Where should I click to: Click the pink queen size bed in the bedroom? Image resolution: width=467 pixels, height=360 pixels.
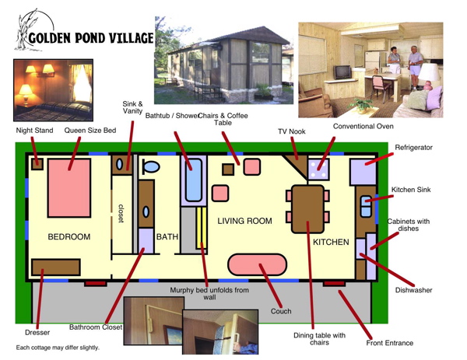(69, 187)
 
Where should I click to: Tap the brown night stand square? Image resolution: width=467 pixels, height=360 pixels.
(37, 164)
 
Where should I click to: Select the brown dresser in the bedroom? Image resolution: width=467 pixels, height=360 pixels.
(56, 267)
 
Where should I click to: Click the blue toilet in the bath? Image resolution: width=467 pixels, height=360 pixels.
(151, 166)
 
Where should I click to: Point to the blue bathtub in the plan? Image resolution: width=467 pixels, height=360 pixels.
(194, 180)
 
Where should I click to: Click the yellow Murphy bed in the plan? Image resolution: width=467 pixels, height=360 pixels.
(202, 228)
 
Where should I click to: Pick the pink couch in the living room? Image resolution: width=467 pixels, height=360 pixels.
(257, 264)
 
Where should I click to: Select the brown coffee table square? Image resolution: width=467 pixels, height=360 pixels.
(228, 170)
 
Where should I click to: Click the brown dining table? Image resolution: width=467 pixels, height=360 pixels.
(307, 209)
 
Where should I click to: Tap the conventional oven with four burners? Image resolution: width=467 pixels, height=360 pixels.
(318, 170)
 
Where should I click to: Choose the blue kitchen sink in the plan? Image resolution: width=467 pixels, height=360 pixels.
(366, 206)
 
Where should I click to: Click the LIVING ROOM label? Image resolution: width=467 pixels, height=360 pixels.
(244, 221)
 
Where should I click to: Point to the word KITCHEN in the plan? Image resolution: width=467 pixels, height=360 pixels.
(331, 242)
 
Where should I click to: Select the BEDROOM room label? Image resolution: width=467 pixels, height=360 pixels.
(69, 237)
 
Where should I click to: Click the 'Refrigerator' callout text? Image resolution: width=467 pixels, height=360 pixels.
(413, 148)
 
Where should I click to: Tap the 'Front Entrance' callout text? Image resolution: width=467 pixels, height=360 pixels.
(390, 343)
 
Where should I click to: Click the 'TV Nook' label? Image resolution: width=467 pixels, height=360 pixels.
(292, 131)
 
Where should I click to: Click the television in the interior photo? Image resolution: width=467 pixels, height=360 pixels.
(342, 72)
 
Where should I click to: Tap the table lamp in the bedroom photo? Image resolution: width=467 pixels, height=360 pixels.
(26, 95)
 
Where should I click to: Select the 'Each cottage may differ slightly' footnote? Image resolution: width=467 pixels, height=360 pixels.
(58, 348)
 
